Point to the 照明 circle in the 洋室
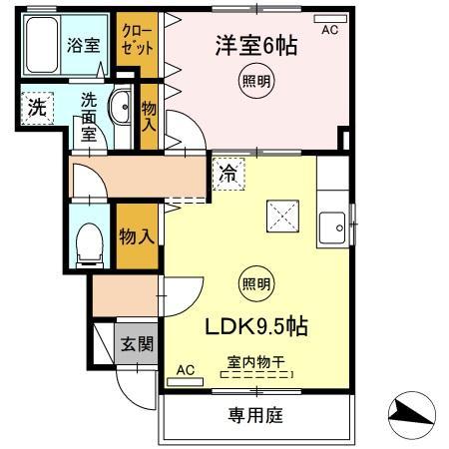point(254,83)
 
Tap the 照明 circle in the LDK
point(254,285)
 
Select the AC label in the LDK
point(186,370)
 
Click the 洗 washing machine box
point(36,109)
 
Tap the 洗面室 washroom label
point(89,116)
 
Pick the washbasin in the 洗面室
point(122,106)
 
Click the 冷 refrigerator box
point(228,172)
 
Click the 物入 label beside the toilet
point(136,236)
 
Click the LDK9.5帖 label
point(255,326)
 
